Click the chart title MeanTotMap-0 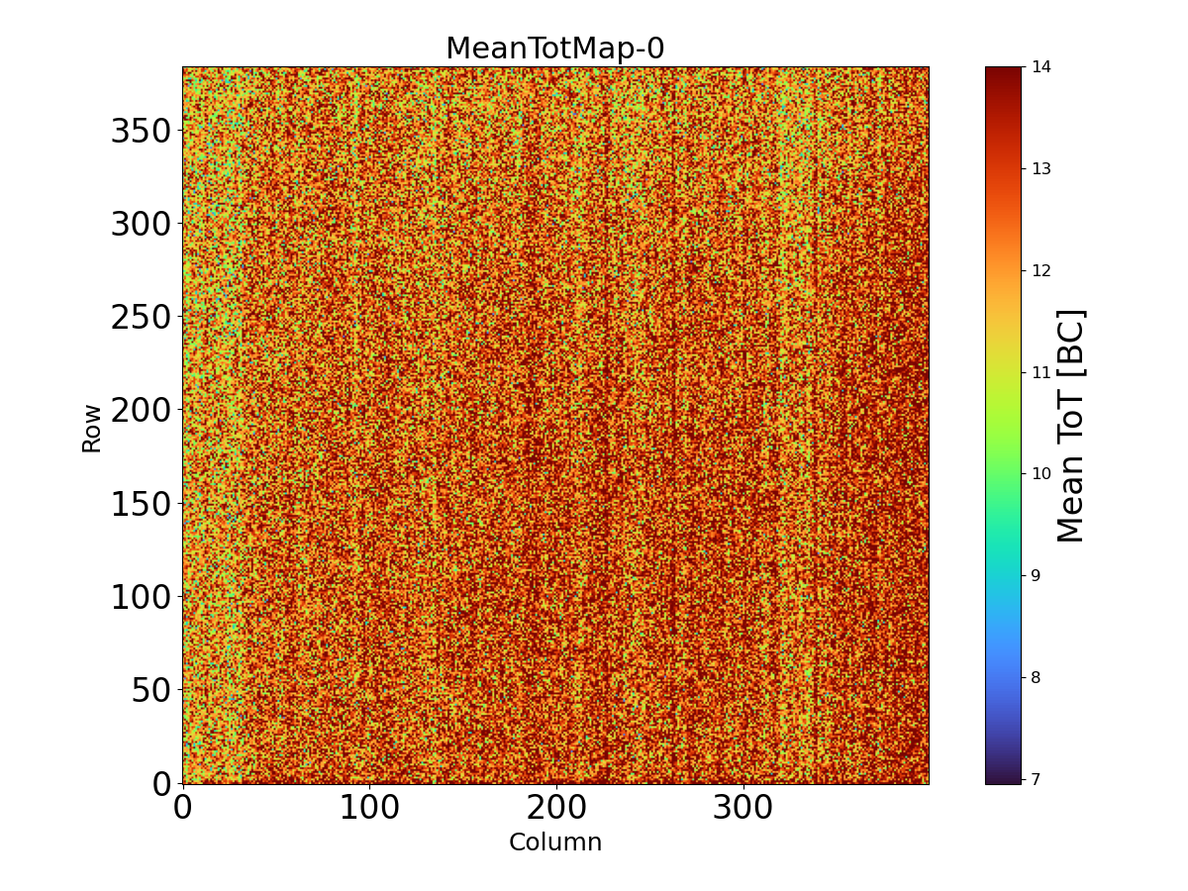(x=554, y=49)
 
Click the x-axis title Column (x=554, y=842)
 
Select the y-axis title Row (x=91, y=428)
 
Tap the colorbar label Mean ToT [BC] (x=1071, y=426)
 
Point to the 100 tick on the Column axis (x=369, y=809)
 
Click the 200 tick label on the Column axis (x=556, y=809)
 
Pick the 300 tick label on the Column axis (x=743, y=809)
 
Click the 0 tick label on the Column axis (x=182, y=809)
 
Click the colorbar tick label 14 (x=1041, y=67)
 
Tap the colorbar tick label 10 (x=1041, y=474)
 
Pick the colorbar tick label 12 (x=1041, y=271)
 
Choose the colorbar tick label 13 (x=1041, y=169)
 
